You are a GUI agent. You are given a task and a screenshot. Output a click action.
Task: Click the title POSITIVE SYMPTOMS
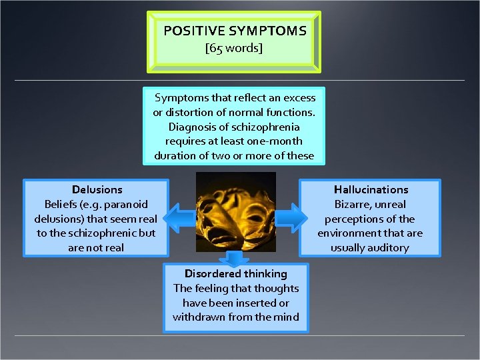click(235, 31)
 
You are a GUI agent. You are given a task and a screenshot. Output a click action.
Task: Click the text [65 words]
click(235, 48)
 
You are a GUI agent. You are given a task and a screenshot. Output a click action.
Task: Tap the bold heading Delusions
click(97, 190)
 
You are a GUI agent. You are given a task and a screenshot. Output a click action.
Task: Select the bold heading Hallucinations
click(371, 190)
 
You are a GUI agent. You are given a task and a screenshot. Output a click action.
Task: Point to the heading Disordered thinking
click(236, 274)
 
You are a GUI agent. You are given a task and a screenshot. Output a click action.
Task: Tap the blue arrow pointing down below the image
click(236, 258)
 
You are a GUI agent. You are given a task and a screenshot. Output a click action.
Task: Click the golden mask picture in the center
click(236, 212)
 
